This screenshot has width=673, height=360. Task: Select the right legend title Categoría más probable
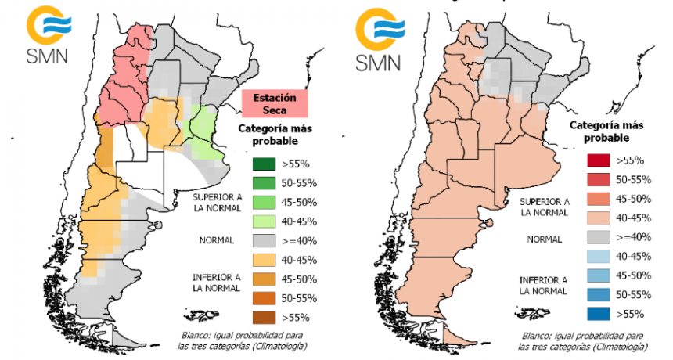[x=607, y=131]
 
